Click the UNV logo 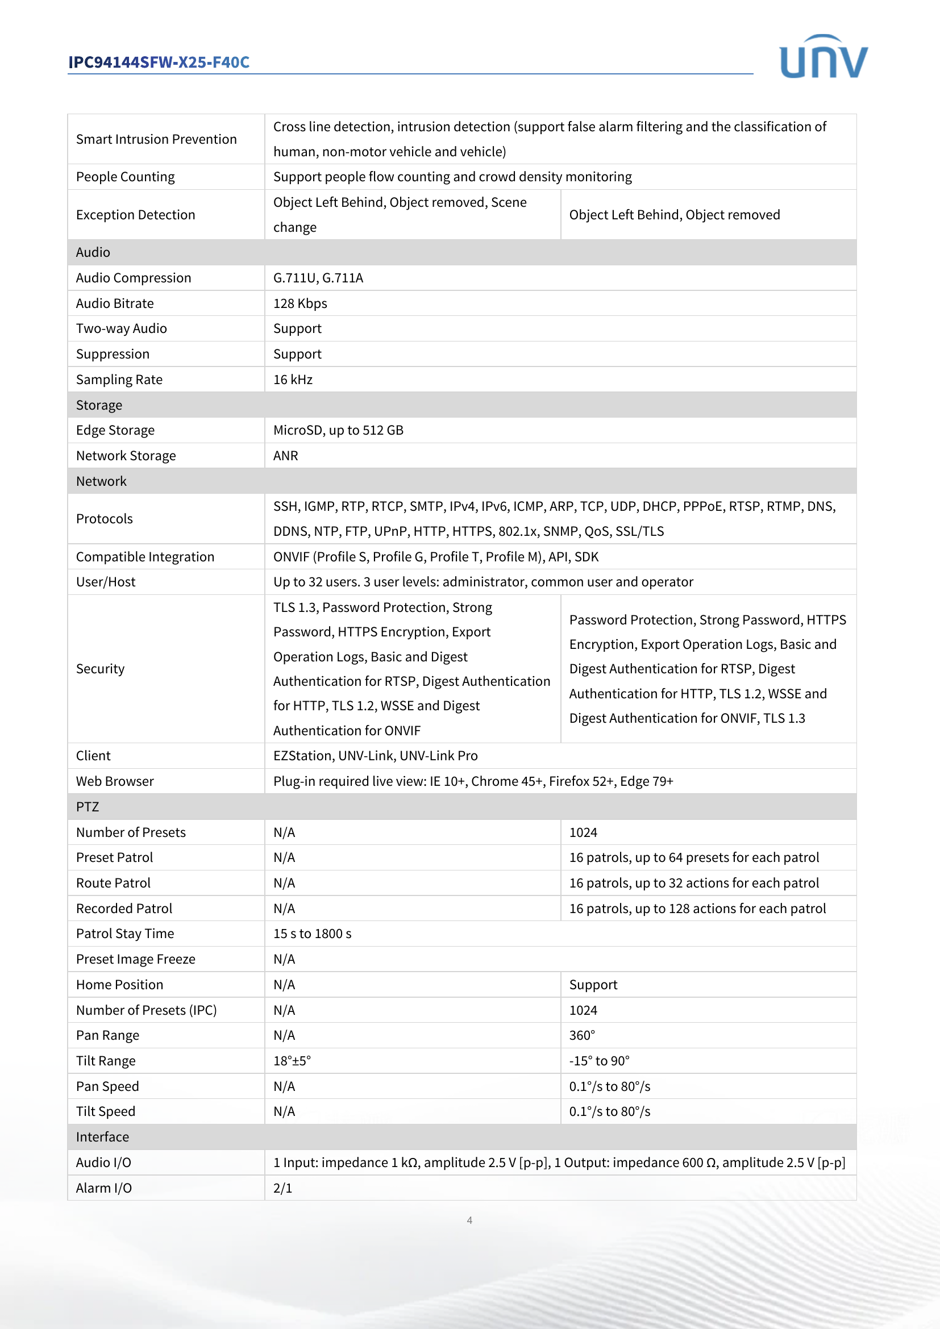coord(823,57)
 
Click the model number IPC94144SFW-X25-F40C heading coord(159,62)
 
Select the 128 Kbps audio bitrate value coord(300,303)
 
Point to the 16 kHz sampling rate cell coord(293,380)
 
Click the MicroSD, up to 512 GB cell coord(338,430)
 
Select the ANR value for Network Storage coord(285,456)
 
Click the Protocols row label coord(104,519)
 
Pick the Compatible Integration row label coord(145,557)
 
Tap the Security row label coord(100,669)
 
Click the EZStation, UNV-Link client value coord(375,756)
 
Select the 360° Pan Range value coord(582,1036)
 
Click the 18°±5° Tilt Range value coord(292,1061)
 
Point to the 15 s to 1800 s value coord(312,934)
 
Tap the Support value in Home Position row coord(593,985)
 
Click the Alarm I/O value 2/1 coord(282,1188)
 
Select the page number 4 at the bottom coord(469,1220)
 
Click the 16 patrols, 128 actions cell coord(697,909)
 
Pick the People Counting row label coord(125,177)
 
